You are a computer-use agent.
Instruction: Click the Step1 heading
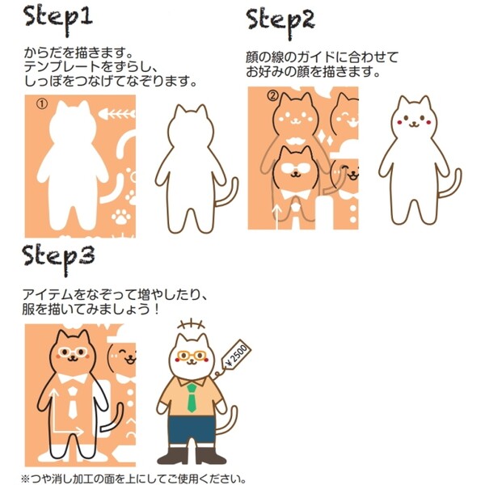(x=58, y=19)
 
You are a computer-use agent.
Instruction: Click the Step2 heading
(x=280, y=23)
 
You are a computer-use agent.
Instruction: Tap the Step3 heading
(x=59, y=259)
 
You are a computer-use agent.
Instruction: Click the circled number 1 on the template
(x=42, y=104)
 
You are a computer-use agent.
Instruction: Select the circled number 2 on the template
(x=273, y=96)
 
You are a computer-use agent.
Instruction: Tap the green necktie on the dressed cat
(x=192, y=398)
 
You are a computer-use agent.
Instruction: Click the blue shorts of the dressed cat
(x=192, y=431)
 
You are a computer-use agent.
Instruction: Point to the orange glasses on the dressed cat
(x=192, y=356)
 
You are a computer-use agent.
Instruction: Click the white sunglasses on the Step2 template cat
(x=295, y=167)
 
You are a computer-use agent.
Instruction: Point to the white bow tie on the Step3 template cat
(x=73, y=378)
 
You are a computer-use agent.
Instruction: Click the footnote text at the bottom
(x=133, y=479)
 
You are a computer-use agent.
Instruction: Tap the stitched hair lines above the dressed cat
(x=192, y=325)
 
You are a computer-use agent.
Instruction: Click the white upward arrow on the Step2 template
(x=276, y=217)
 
